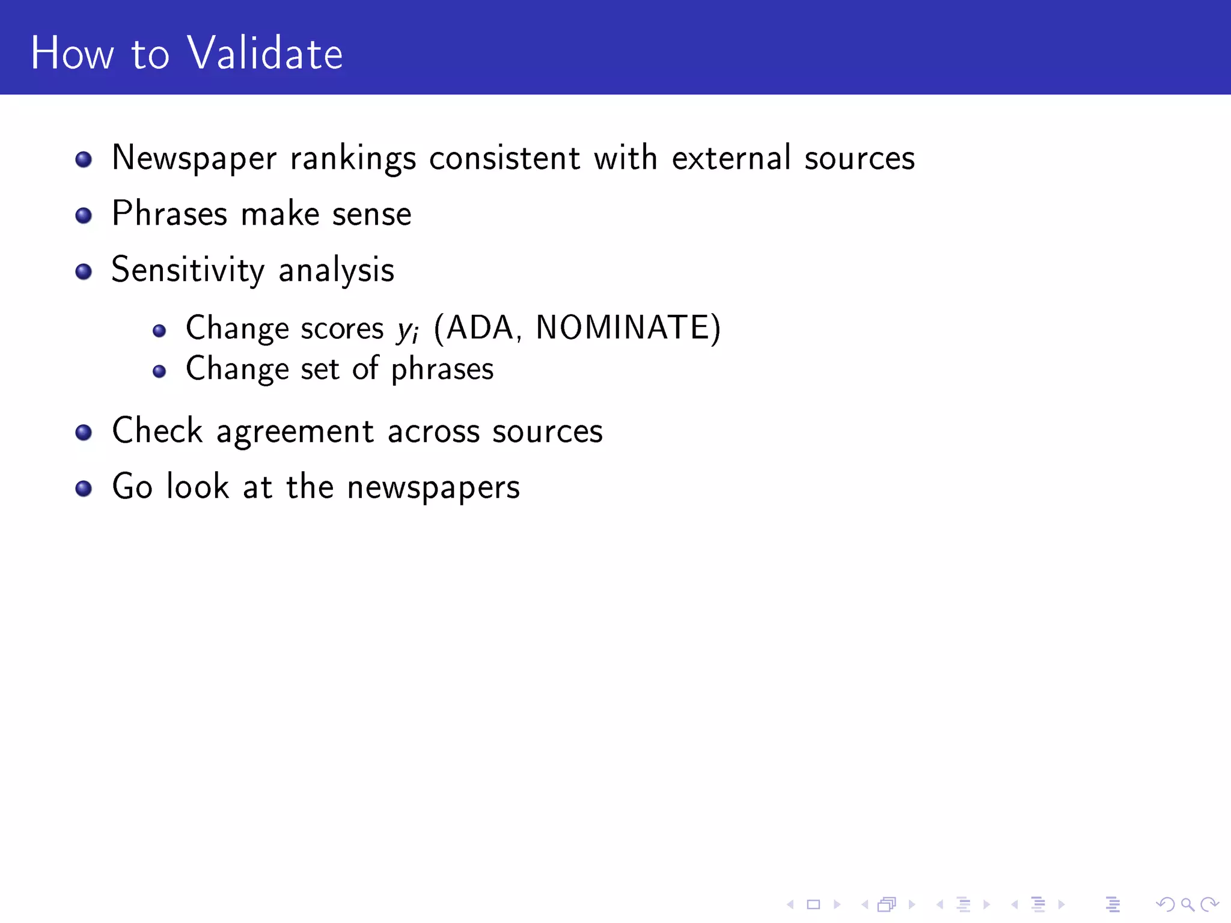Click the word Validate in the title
click(265, 53)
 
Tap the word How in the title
click(72, 53)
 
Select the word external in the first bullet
click(731, 158)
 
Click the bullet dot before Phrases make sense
click(84, 215)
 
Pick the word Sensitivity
click(188, 270)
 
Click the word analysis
click(336, 270)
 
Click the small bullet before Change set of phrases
click(159, 371)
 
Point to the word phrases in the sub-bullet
click(442, 370)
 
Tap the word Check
click(157, 431)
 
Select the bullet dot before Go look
click(84, 488)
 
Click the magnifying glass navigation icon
click(1187, 904)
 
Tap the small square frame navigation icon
click(813, 904)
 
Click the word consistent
click(504, 158)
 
